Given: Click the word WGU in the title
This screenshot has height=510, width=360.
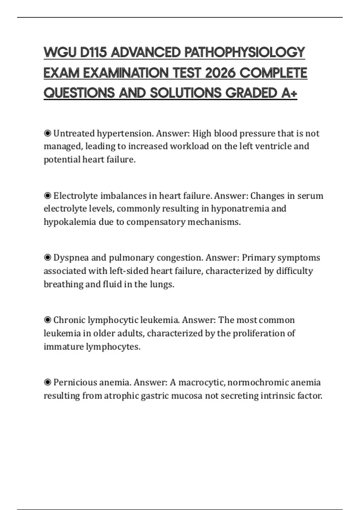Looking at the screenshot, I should pyautogui.click(x=60, y=52).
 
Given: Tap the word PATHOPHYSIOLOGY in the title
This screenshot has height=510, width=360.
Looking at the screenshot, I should pyautogui.click(x=244, y=52).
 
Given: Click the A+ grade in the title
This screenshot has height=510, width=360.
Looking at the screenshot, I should pyautogui.click(x=289, y=93).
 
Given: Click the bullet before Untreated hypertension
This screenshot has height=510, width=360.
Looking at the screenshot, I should pyautogui.click(x=47, y=133).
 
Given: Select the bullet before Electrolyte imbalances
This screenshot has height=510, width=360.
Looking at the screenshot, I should pyautogui.click(x=47, y=196).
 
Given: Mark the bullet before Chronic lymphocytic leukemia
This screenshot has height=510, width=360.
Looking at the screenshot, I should pyautogui.click(x=47, y=320).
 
